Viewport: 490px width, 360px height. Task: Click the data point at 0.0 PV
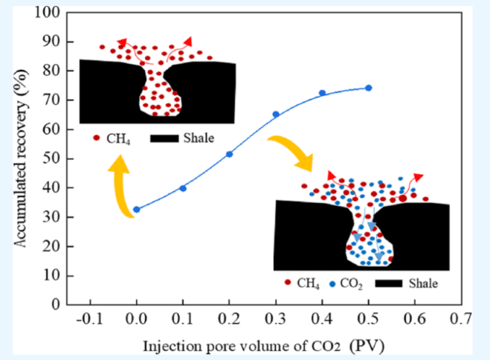[137, 210]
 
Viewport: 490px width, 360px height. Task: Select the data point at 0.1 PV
[183, 188]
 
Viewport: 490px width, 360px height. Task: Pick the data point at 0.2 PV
[229, 154]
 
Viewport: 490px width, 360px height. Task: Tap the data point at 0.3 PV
[276, 115]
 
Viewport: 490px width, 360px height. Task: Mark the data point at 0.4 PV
[322, 93]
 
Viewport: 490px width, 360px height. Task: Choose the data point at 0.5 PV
[368, 88]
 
